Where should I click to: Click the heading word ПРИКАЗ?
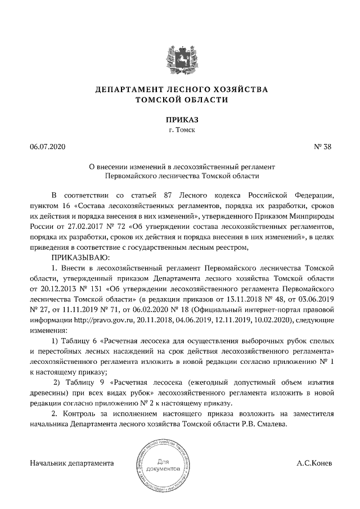[181, 119]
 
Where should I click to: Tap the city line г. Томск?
[181, 130]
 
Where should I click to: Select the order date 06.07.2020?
[48, 147]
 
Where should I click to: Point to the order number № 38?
[323, 147]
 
